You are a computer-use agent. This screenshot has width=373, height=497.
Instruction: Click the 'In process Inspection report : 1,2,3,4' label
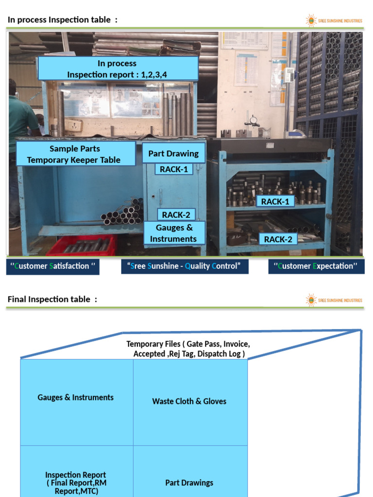118,68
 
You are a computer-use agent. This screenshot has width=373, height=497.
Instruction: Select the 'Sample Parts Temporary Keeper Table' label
75,154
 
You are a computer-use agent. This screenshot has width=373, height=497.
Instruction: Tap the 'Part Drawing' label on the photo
173,153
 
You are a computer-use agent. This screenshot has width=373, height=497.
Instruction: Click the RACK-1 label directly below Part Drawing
173,169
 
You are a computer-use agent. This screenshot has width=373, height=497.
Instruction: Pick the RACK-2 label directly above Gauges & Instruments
176,215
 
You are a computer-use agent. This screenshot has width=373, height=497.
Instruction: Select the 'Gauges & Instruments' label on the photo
173,233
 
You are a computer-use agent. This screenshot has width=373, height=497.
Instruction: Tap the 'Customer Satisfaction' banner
52,266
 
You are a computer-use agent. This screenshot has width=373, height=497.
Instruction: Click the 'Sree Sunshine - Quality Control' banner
185,266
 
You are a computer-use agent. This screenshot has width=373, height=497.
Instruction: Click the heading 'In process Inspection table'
62,20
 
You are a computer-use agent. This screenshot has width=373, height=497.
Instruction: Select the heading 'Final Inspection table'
52,299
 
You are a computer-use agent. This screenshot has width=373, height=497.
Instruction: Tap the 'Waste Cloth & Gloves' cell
189,401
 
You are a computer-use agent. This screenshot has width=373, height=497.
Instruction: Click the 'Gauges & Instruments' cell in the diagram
76,398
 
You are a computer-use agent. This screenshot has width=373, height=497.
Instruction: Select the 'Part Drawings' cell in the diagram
189,482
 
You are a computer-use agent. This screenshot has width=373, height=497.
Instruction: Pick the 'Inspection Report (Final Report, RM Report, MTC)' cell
76,482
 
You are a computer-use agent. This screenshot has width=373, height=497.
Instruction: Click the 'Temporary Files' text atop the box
188,348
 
